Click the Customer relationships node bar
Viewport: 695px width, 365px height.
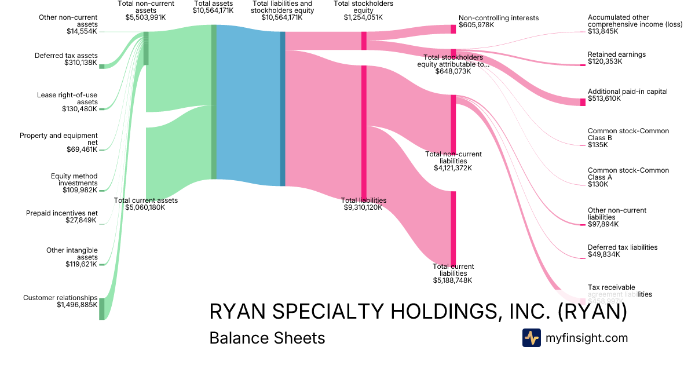tap(102, 308)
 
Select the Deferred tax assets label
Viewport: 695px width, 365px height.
tap(66, 56)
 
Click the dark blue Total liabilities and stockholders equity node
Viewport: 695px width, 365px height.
tap(283, 109)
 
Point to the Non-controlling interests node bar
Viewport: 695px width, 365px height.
tap(453, 29)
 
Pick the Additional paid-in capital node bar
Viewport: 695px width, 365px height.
tap(583, 103)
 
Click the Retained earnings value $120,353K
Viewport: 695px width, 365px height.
tap(606, 61)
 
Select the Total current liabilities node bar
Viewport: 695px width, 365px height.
tap(453, 228)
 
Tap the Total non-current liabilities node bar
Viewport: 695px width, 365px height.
tap(453, 123)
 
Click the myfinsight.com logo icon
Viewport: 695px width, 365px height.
tap(531, 338)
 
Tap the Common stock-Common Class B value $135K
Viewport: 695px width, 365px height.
tap(598, 145)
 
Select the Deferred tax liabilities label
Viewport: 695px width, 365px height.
tap(623, 247)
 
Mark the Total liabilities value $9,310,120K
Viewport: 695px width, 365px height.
tap(363, 207)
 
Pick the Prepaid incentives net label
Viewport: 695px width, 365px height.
tap(62, 213)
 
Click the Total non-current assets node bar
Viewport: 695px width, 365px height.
tap(146, 48)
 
